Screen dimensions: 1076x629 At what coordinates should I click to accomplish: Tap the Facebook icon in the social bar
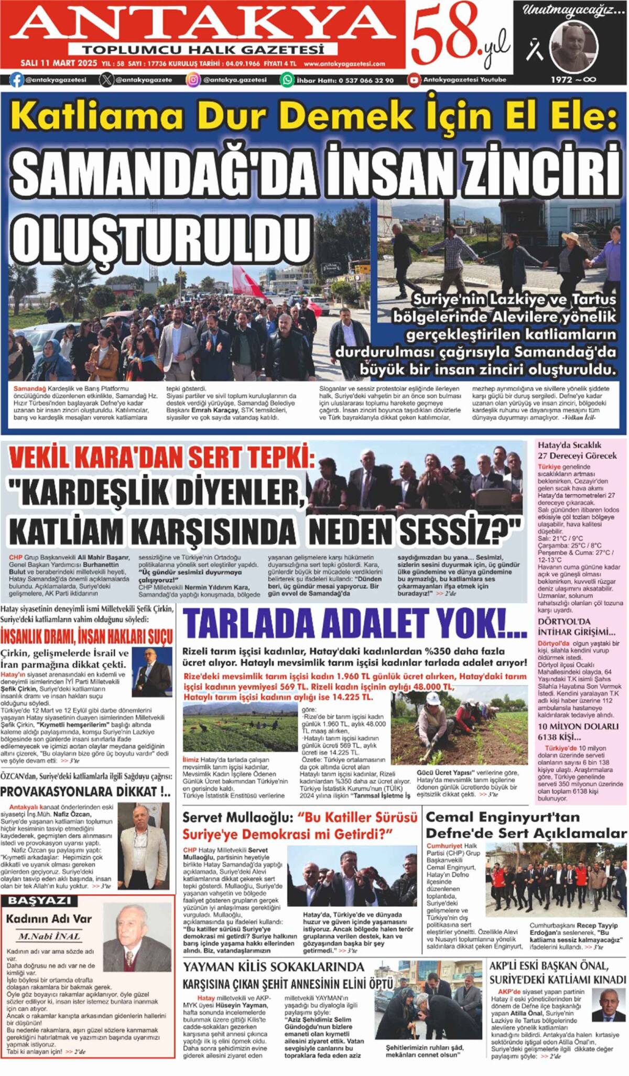[16, 80]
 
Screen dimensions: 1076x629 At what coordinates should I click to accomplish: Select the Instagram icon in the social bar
[193, 80]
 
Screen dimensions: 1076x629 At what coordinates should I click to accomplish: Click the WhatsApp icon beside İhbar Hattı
[287, 80]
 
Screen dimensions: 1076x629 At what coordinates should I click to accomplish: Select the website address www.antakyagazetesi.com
[344, 64]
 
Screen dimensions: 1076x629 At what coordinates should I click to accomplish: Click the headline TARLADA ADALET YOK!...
[354, 624]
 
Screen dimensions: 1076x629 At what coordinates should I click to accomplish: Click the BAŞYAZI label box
[39, 901]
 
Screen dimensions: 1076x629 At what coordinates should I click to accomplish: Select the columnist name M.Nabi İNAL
[49, 936]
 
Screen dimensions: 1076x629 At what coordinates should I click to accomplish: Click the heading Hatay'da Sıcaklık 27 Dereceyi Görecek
[577, 450]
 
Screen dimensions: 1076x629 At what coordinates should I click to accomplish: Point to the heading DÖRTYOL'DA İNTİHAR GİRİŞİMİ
[576, 627]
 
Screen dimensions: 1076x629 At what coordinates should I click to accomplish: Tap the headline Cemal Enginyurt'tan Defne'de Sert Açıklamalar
[526, 825]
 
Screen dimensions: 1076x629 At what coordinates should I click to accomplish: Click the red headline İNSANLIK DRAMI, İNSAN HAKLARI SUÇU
[86, 636]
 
